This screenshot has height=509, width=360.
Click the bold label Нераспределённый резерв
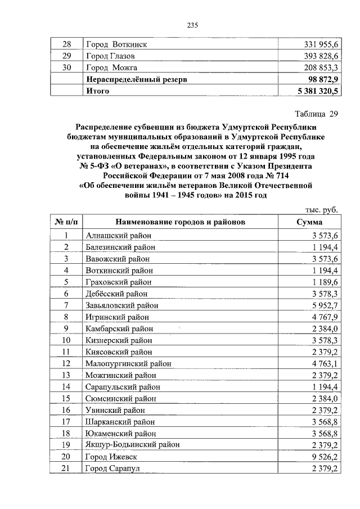[x=136, y=80]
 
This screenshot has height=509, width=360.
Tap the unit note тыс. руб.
[x=322, y=210]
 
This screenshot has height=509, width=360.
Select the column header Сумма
[x=309, y=222]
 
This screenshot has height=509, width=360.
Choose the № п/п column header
[x=66, y=222]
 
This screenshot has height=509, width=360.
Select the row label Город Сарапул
[x=112, y=469]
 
